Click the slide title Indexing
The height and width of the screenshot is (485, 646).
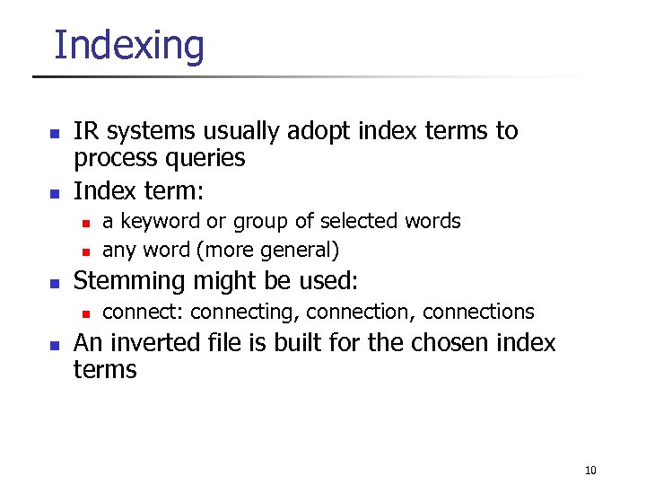129,45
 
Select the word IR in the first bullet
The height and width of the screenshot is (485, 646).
85,131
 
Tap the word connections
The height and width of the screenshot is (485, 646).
477,312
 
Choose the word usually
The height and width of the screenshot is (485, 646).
241,132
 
